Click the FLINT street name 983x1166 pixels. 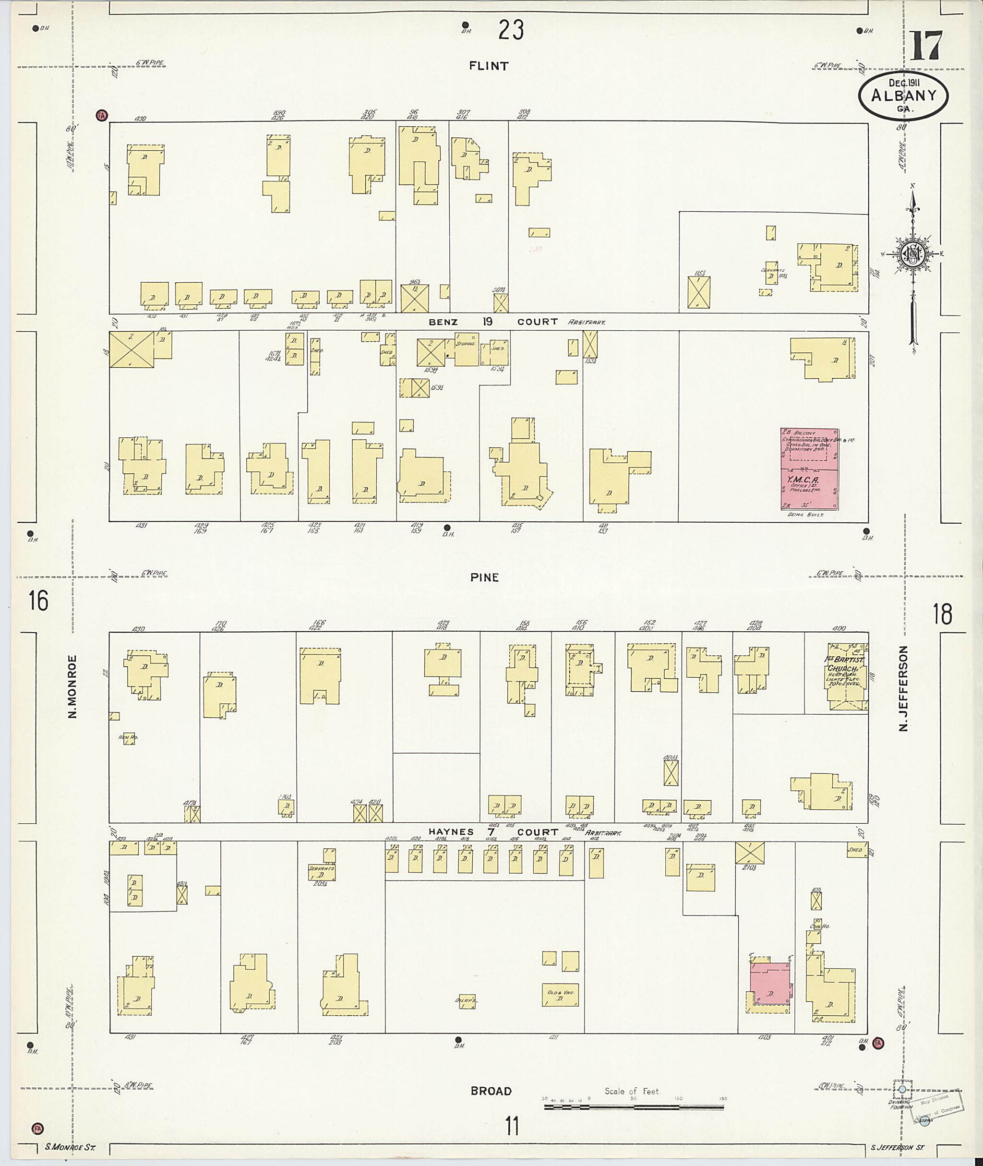(488, 66)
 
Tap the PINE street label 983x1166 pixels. (484, 577)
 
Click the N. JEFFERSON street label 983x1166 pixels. (903, 688)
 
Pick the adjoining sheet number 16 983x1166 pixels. (39, 601)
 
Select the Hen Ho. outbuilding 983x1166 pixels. (129, 738)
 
